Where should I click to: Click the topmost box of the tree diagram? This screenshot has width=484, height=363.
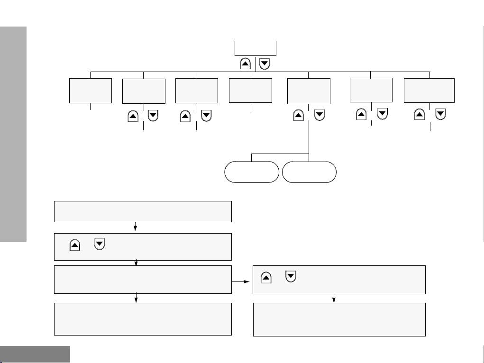255,48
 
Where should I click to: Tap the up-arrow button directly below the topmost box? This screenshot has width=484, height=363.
247,64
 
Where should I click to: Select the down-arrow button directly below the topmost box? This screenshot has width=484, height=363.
265,64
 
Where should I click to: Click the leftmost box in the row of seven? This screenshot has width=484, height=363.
91,91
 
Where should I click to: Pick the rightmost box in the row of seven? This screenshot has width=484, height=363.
429,90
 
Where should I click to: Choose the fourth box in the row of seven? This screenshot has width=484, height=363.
250,91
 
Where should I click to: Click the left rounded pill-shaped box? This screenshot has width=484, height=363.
251,172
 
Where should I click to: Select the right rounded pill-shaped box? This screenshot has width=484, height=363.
309,172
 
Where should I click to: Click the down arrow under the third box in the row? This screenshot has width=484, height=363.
206,116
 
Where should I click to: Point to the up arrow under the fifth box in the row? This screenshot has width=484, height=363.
299,115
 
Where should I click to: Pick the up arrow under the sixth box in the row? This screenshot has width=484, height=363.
361,114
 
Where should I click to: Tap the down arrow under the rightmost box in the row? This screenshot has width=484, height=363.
440,114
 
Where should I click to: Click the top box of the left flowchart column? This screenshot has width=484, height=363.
143,211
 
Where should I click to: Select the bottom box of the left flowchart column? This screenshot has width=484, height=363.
143,319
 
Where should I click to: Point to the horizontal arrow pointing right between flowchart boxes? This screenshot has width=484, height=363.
242,281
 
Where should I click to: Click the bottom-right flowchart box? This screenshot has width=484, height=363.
339,319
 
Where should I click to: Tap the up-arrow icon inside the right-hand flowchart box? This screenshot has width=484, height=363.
266,277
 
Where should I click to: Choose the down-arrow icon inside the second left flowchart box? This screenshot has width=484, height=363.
100,245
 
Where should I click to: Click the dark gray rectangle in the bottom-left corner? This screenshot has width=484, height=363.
35,354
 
